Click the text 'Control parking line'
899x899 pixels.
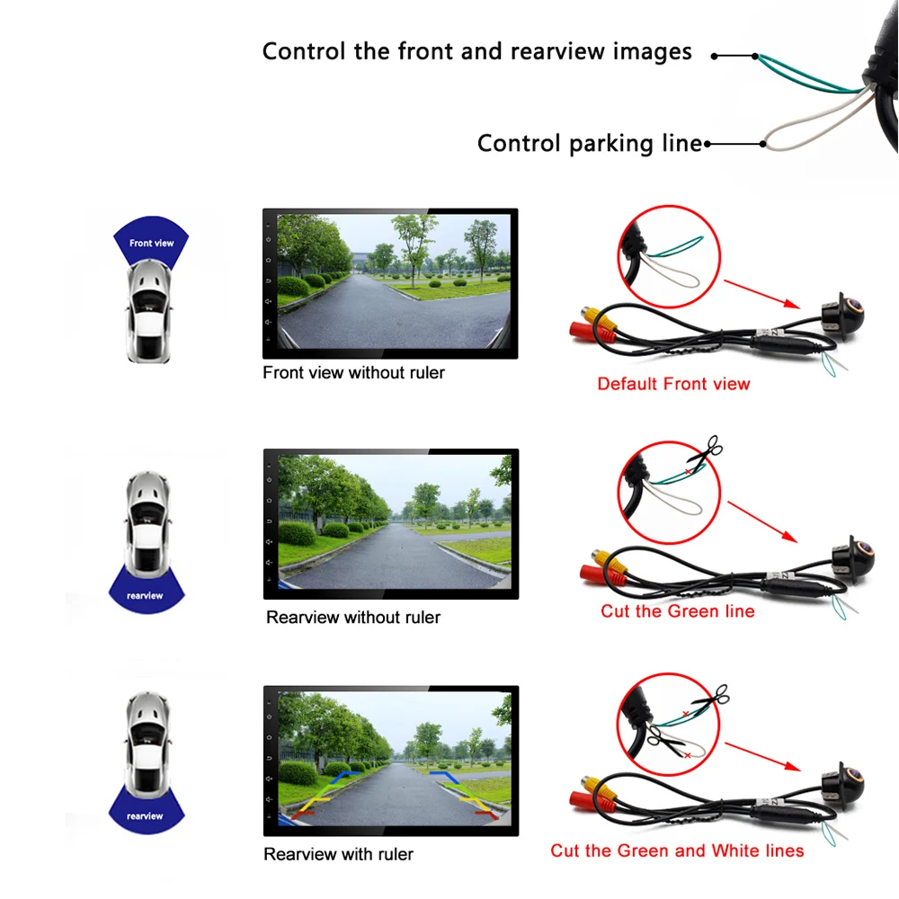589,143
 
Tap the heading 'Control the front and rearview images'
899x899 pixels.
476,51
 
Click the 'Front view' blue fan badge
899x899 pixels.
151,241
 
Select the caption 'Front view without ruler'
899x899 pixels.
353,372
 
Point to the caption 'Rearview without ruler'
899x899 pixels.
353,618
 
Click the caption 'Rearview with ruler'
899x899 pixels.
339,854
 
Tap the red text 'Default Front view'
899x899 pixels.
673,384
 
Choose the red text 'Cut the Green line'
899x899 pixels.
678,611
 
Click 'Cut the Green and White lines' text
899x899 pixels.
677,850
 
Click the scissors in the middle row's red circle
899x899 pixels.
710,449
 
